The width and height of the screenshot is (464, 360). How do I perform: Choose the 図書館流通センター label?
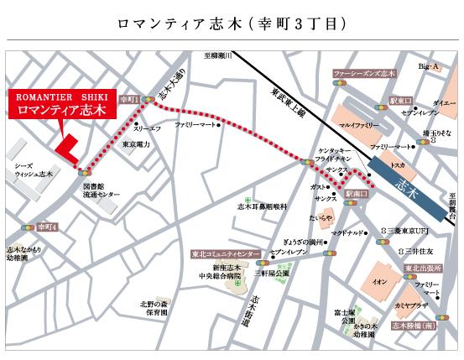pos(102,190)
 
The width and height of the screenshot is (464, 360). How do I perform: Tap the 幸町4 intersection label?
pos(45,227)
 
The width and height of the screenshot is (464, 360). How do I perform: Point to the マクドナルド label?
pos(347,232)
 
